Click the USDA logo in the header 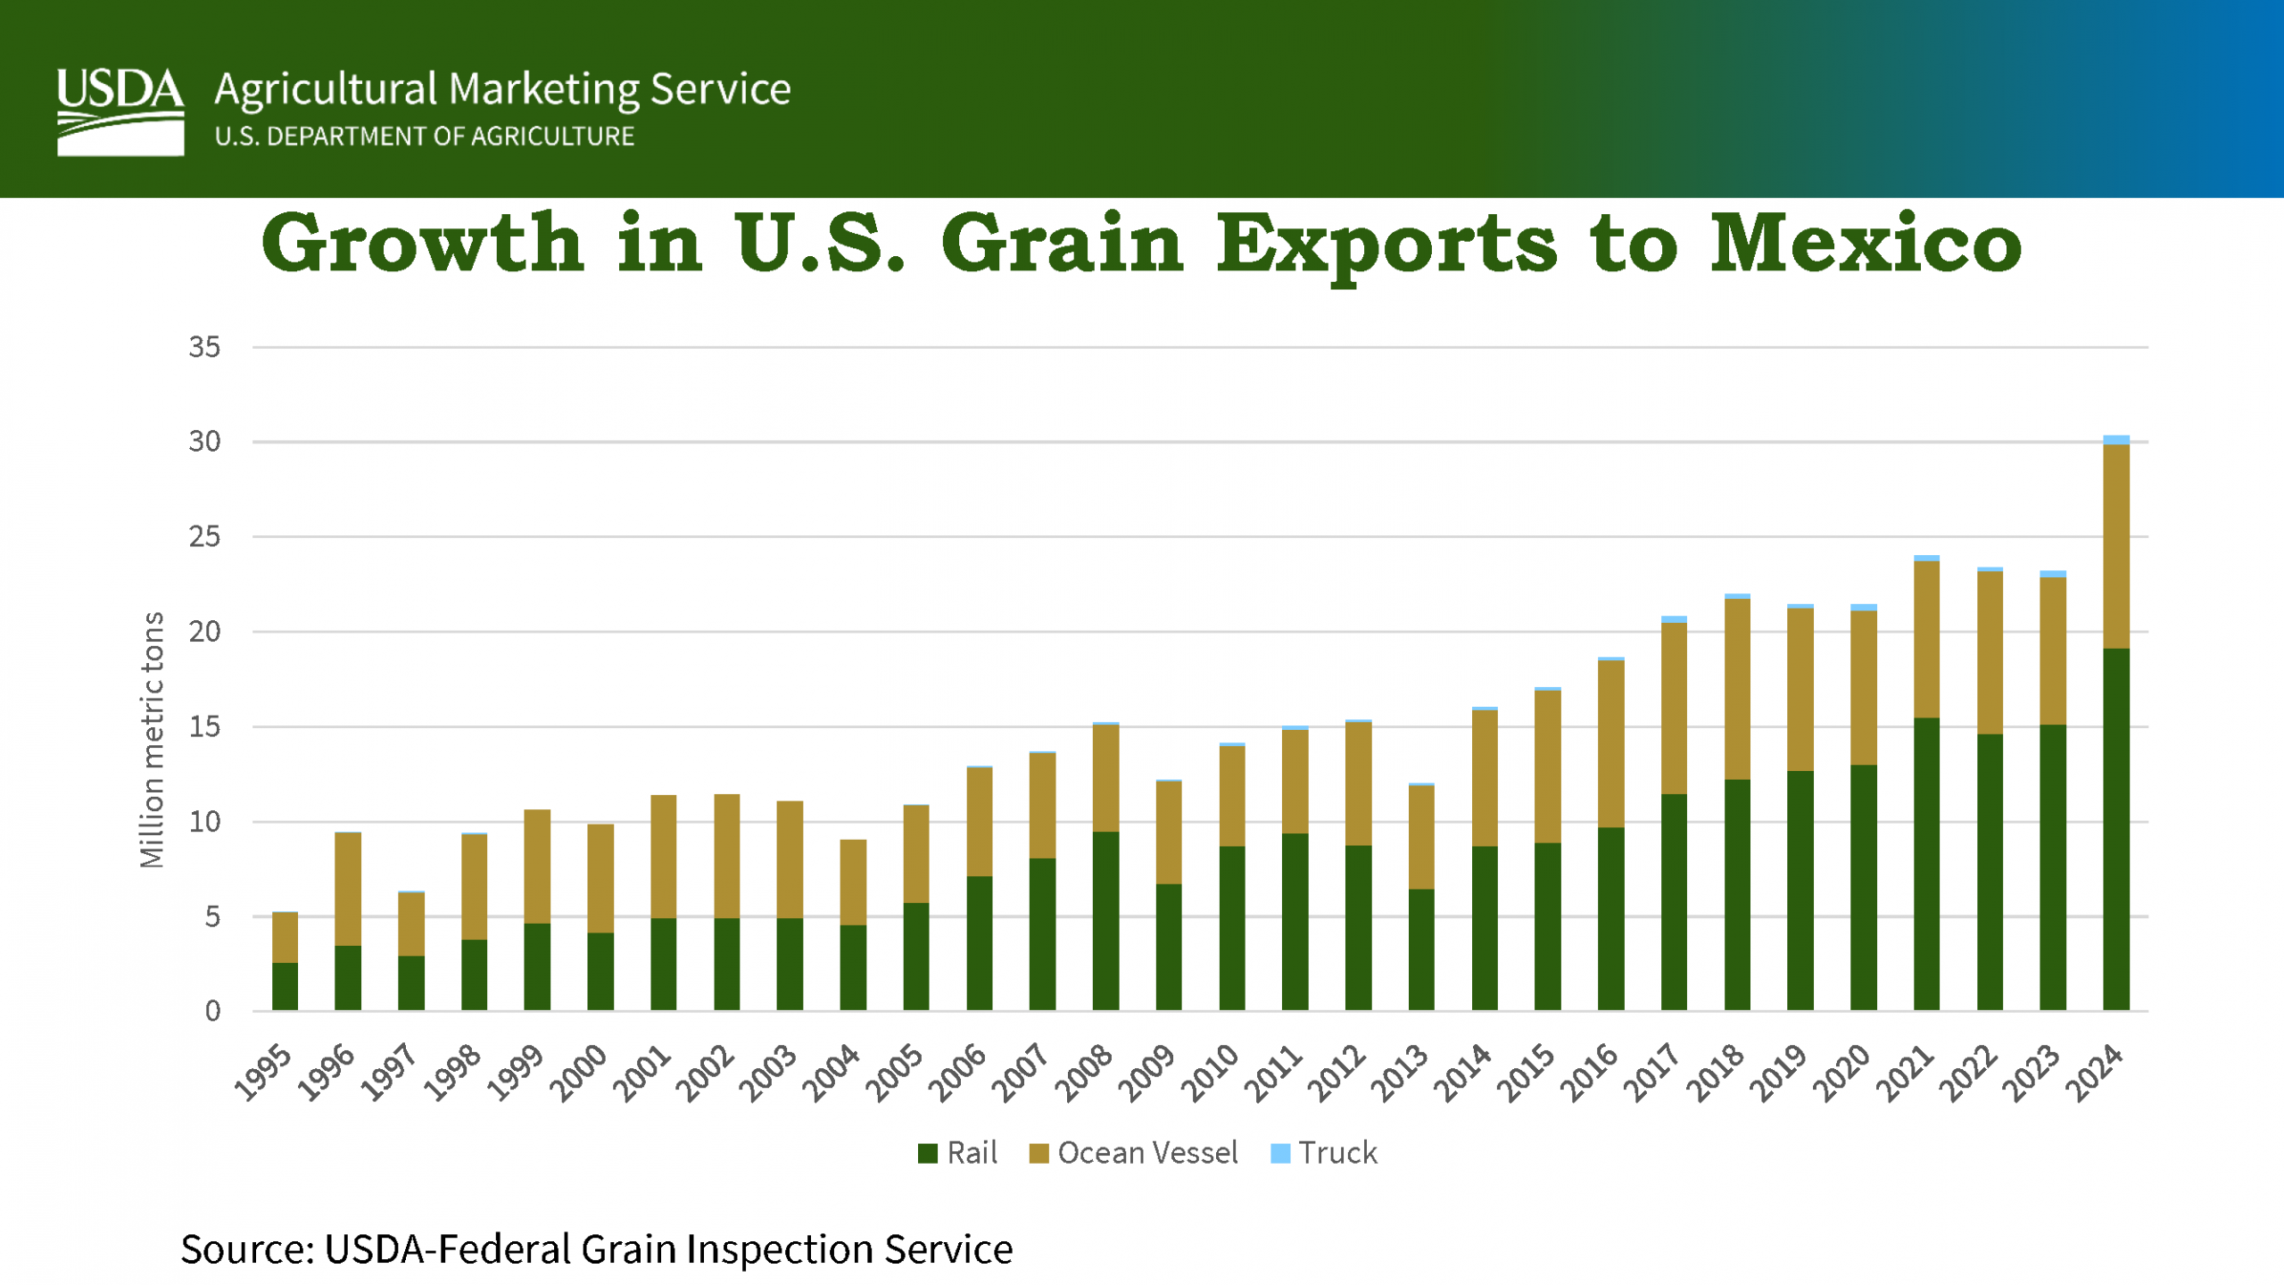click(x=120, y=112)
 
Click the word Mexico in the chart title click(x=1865, y=245)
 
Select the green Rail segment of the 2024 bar click(x=2115, y=830)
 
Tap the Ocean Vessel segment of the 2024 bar click(x=2115, y=546)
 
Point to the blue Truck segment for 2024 click(x=2115, y=440)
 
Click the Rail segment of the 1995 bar click(x=285, y=986)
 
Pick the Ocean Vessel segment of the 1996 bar click(x=348, y=889)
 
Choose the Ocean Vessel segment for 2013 click(x=1421, y=837)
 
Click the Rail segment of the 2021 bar click(x=1926, y=864)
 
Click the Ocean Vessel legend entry click(x=1134, y=1153)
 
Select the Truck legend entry click(x=1325, y=1153)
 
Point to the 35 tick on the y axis click(x=204, y=347)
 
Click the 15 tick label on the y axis click(x=204, y=727)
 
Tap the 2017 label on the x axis click(x=1652, y=1073)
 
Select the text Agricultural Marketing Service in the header click(x=502, y=89)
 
